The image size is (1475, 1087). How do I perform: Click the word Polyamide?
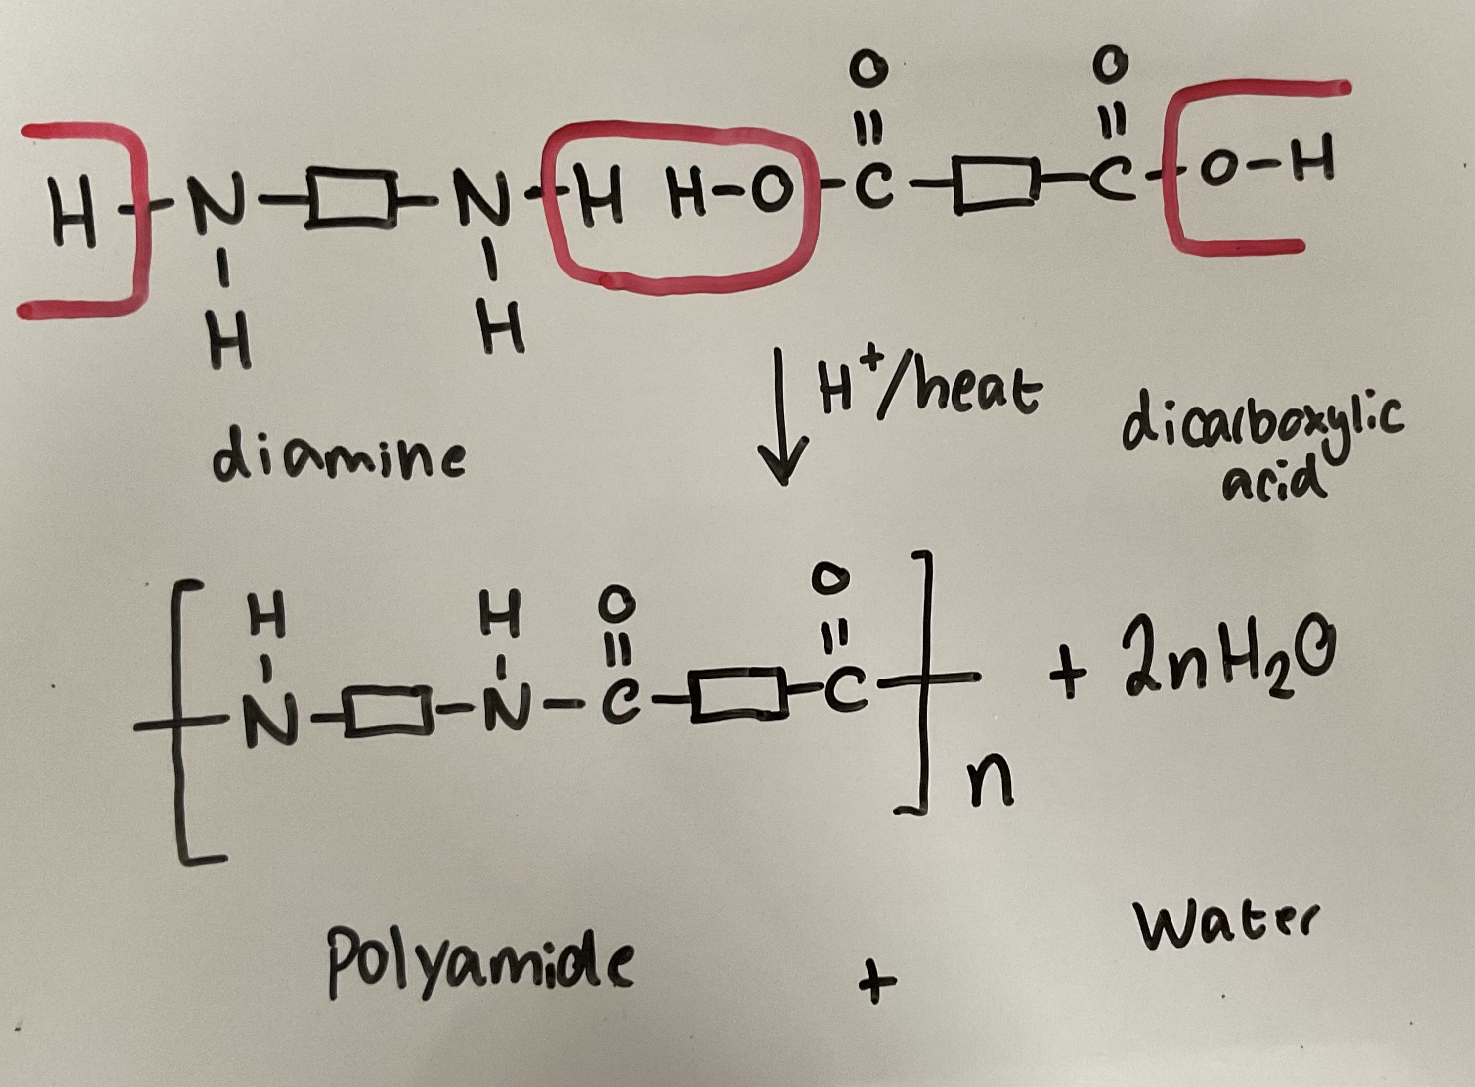click(479, 970)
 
